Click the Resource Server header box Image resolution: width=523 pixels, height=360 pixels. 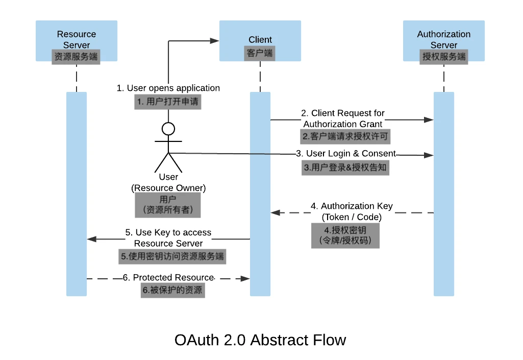tap(77, 41)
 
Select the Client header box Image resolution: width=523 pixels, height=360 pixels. tap(260, 41)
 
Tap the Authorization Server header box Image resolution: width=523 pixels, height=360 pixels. tap(443, 41)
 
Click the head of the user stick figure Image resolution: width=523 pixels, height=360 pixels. tap(168, 129)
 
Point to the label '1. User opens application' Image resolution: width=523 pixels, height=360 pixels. tap(168, 88)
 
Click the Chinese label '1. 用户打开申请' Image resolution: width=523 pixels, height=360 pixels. tap(168, 102)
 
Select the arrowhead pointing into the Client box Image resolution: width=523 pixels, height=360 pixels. tap(214, 41)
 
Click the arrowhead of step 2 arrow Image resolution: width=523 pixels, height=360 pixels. tap(429, 119)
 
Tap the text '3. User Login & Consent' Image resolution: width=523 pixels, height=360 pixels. tap(346, 153)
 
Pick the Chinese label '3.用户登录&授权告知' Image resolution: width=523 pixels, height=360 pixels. tap(345, 167)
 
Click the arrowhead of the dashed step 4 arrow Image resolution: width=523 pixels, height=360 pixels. tap(275, 212)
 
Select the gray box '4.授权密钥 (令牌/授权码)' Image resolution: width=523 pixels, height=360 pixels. tap(345, 235)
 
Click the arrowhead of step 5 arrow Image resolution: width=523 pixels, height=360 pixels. tap(91, 239)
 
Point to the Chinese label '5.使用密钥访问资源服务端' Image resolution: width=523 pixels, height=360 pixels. tap(172, 256)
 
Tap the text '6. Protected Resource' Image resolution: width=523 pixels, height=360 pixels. tap(168, 277)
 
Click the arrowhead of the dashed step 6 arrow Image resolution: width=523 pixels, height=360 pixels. tap(245, 278)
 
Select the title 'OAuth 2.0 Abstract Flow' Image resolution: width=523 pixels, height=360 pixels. tap(260, 340)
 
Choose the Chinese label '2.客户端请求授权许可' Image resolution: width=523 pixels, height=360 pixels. tap(345, 136)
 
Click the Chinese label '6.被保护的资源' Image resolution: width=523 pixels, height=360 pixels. tap(173, 290)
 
